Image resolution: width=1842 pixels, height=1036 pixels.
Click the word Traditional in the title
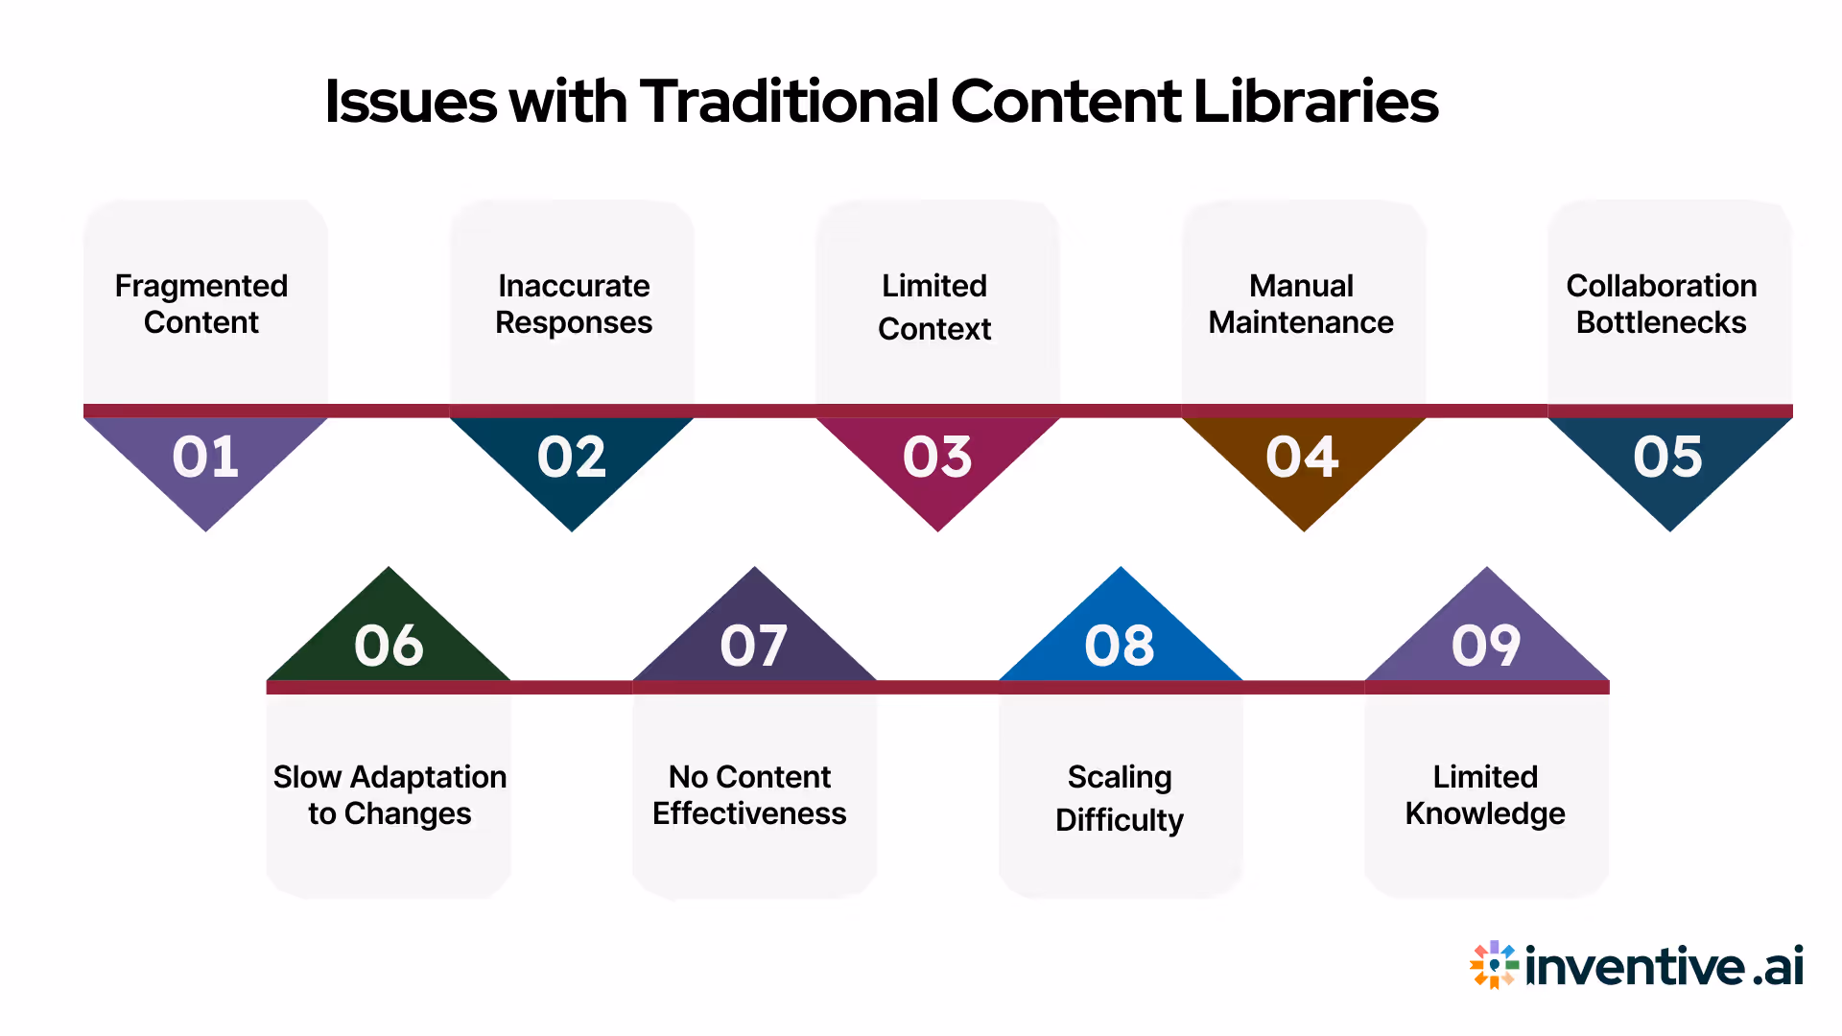789,102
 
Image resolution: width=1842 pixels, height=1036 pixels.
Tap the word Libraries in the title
1315,102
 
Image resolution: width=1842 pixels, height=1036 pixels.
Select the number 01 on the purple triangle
205,457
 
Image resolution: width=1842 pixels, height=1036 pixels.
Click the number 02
572,457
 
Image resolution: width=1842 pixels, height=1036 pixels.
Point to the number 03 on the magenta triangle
937,457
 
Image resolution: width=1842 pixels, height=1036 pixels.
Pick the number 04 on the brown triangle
1302,457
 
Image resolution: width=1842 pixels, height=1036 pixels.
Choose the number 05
1668,457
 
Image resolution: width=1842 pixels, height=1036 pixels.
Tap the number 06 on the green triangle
389,645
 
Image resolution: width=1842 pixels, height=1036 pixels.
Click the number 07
754,645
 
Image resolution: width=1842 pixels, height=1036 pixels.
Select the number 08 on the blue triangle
1120,645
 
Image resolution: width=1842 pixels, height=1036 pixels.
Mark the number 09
1486,645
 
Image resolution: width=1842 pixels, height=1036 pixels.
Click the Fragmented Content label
201,304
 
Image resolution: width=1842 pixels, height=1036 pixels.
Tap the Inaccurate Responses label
574,304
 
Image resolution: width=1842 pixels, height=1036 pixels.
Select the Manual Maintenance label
1301,304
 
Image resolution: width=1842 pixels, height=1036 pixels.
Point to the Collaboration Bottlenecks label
1662,304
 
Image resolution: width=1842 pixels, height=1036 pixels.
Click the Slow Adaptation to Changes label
390,795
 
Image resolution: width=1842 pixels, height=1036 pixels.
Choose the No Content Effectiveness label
749,795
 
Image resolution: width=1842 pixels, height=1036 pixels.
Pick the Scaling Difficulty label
1120,798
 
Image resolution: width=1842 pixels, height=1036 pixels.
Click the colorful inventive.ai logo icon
1494,965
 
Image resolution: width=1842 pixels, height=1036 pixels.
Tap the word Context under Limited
934,329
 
